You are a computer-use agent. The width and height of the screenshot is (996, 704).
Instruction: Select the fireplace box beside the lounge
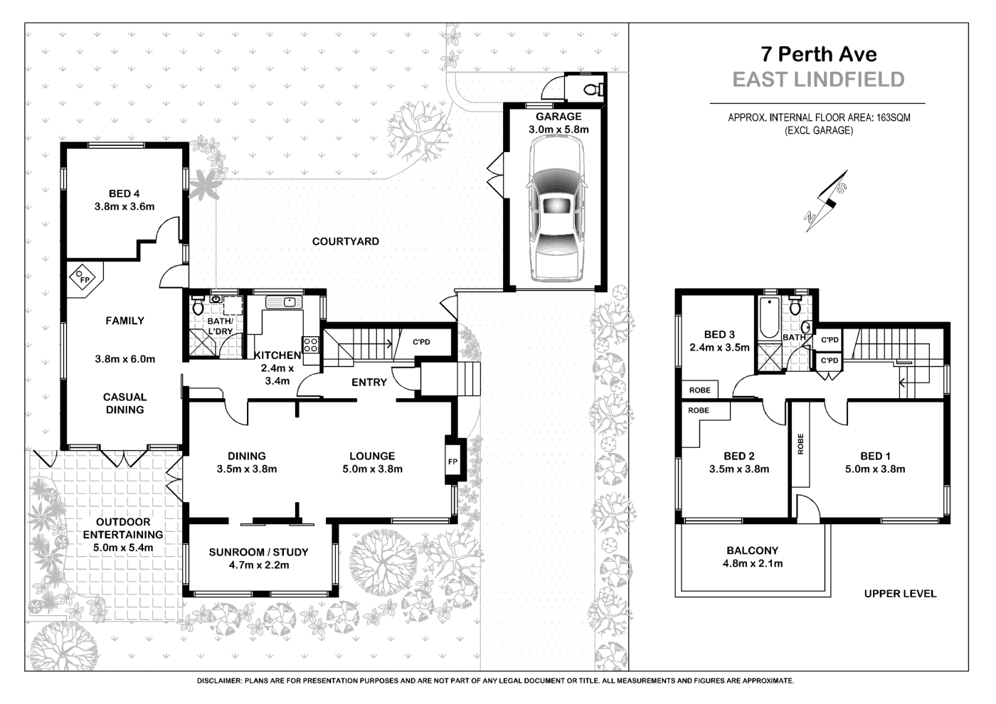[x=452, y=461]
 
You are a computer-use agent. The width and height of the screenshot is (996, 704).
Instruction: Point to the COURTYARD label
[x=345, y=241]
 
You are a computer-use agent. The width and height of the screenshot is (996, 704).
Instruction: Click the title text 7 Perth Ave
[x=818, y=54]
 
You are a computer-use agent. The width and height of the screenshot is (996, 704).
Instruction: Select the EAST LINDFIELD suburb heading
[x=818, y=80]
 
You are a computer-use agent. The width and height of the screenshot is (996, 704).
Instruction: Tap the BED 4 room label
[x=120, y=193]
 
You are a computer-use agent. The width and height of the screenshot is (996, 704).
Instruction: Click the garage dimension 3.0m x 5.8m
[x=558, y=129]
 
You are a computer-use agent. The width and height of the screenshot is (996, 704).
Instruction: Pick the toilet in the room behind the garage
[x=593, y=89]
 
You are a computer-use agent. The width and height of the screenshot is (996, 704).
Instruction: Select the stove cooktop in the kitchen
[x=311, y=345]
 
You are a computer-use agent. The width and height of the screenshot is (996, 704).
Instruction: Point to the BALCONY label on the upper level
[x=752, y=550]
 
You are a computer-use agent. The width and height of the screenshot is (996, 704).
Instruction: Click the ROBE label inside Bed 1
[x=800, y=445]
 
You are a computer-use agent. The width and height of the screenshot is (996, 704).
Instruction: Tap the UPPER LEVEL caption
[x=900, y=593]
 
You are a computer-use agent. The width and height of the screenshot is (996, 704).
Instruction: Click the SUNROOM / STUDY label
[x=258, y=552]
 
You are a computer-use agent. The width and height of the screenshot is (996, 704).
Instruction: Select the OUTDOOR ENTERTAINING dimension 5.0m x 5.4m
[x=122, y=548]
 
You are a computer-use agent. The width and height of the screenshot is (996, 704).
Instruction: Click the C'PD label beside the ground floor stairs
[x=422, y=342]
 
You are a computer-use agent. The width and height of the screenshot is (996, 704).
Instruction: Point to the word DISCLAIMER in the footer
[x=219, y=681]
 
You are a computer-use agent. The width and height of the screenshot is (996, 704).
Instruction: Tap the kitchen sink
[x=288, y=302]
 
